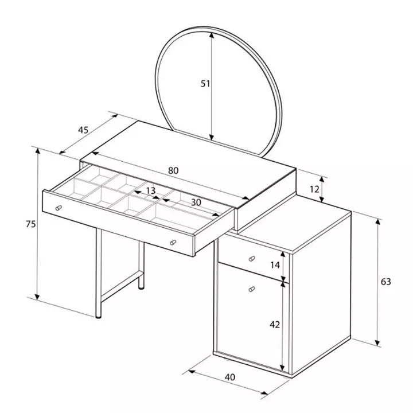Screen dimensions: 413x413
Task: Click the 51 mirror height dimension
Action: coord(205,84)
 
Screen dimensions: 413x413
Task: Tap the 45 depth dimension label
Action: coord(83,130)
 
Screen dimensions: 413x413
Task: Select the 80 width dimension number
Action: coord(173,171)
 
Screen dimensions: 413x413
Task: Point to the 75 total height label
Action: coord(30,224)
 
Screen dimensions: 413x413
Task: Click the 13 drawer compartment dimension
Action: coord(151,190)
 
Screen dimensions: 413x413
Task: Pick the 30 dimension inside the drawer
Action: coord(196,202)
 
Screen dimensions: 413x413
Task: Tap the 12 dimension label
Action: coord(314,189)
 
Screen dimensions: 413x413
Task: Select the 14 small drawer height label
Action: coord(275,265)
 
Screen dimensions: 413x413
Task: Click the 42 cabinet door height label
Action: coord(275,325)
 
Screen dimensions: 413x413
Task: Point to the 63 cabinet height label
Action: coord(386,282)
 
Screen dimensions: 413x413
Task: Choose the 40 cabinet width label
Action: coord(230,377)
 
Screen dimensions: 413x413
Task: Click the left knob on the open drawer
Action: coord(59,208)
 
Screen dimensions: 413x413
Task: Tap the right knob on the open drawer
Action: coord(173,242)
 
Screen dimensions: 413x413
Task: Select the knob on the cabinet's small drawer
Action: coord(252,259)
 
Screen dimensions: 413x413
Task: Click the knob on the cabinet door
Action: coord(252,289)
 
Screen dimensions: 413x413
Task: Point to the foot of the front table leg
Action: coord(98,317)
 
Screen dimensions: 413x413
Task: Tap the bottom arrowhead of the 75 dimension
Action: coord(38,297)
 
